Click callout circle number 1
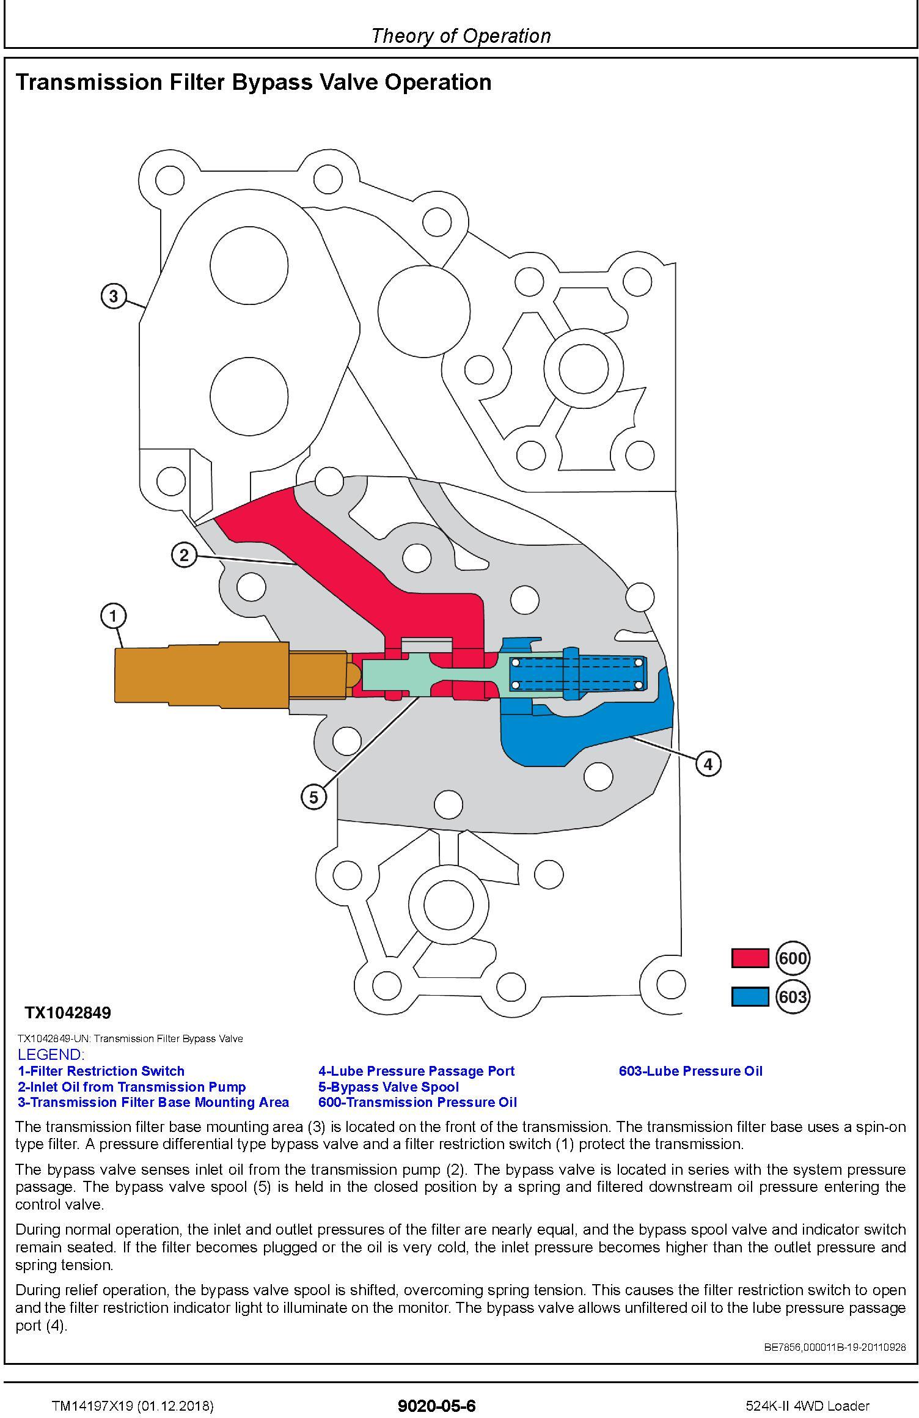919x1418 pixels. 113,616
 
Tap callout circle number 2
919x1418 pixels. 184,555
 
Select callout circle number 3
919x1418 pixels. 113,296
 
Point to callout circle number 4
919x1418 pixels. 708,763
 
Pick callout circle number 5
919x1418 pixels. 313,797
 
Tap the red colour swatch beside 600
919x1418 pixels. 750,958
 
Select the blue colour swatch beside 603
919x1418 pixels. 750,996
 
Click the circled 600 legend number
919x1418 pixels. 793,958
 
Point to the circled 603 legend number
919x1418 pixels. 793,997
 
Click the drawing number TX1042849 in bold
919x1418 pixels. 68,1013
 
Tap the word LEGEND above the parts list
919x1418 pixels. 51,1054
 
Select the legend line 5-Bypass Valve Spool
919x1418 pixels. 388,1087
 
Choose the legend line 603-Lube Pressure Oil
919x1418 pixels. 690,1071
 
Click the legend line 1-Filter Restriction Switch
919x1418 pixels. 101,1071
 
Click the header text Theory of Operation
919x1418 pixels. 461,36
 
